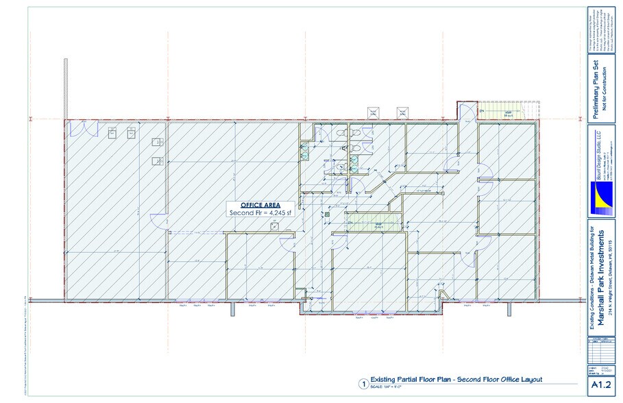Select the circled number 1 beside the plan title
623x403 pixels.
coord(363,384)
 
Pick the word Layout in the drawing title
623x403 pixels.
coord(529,379)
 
